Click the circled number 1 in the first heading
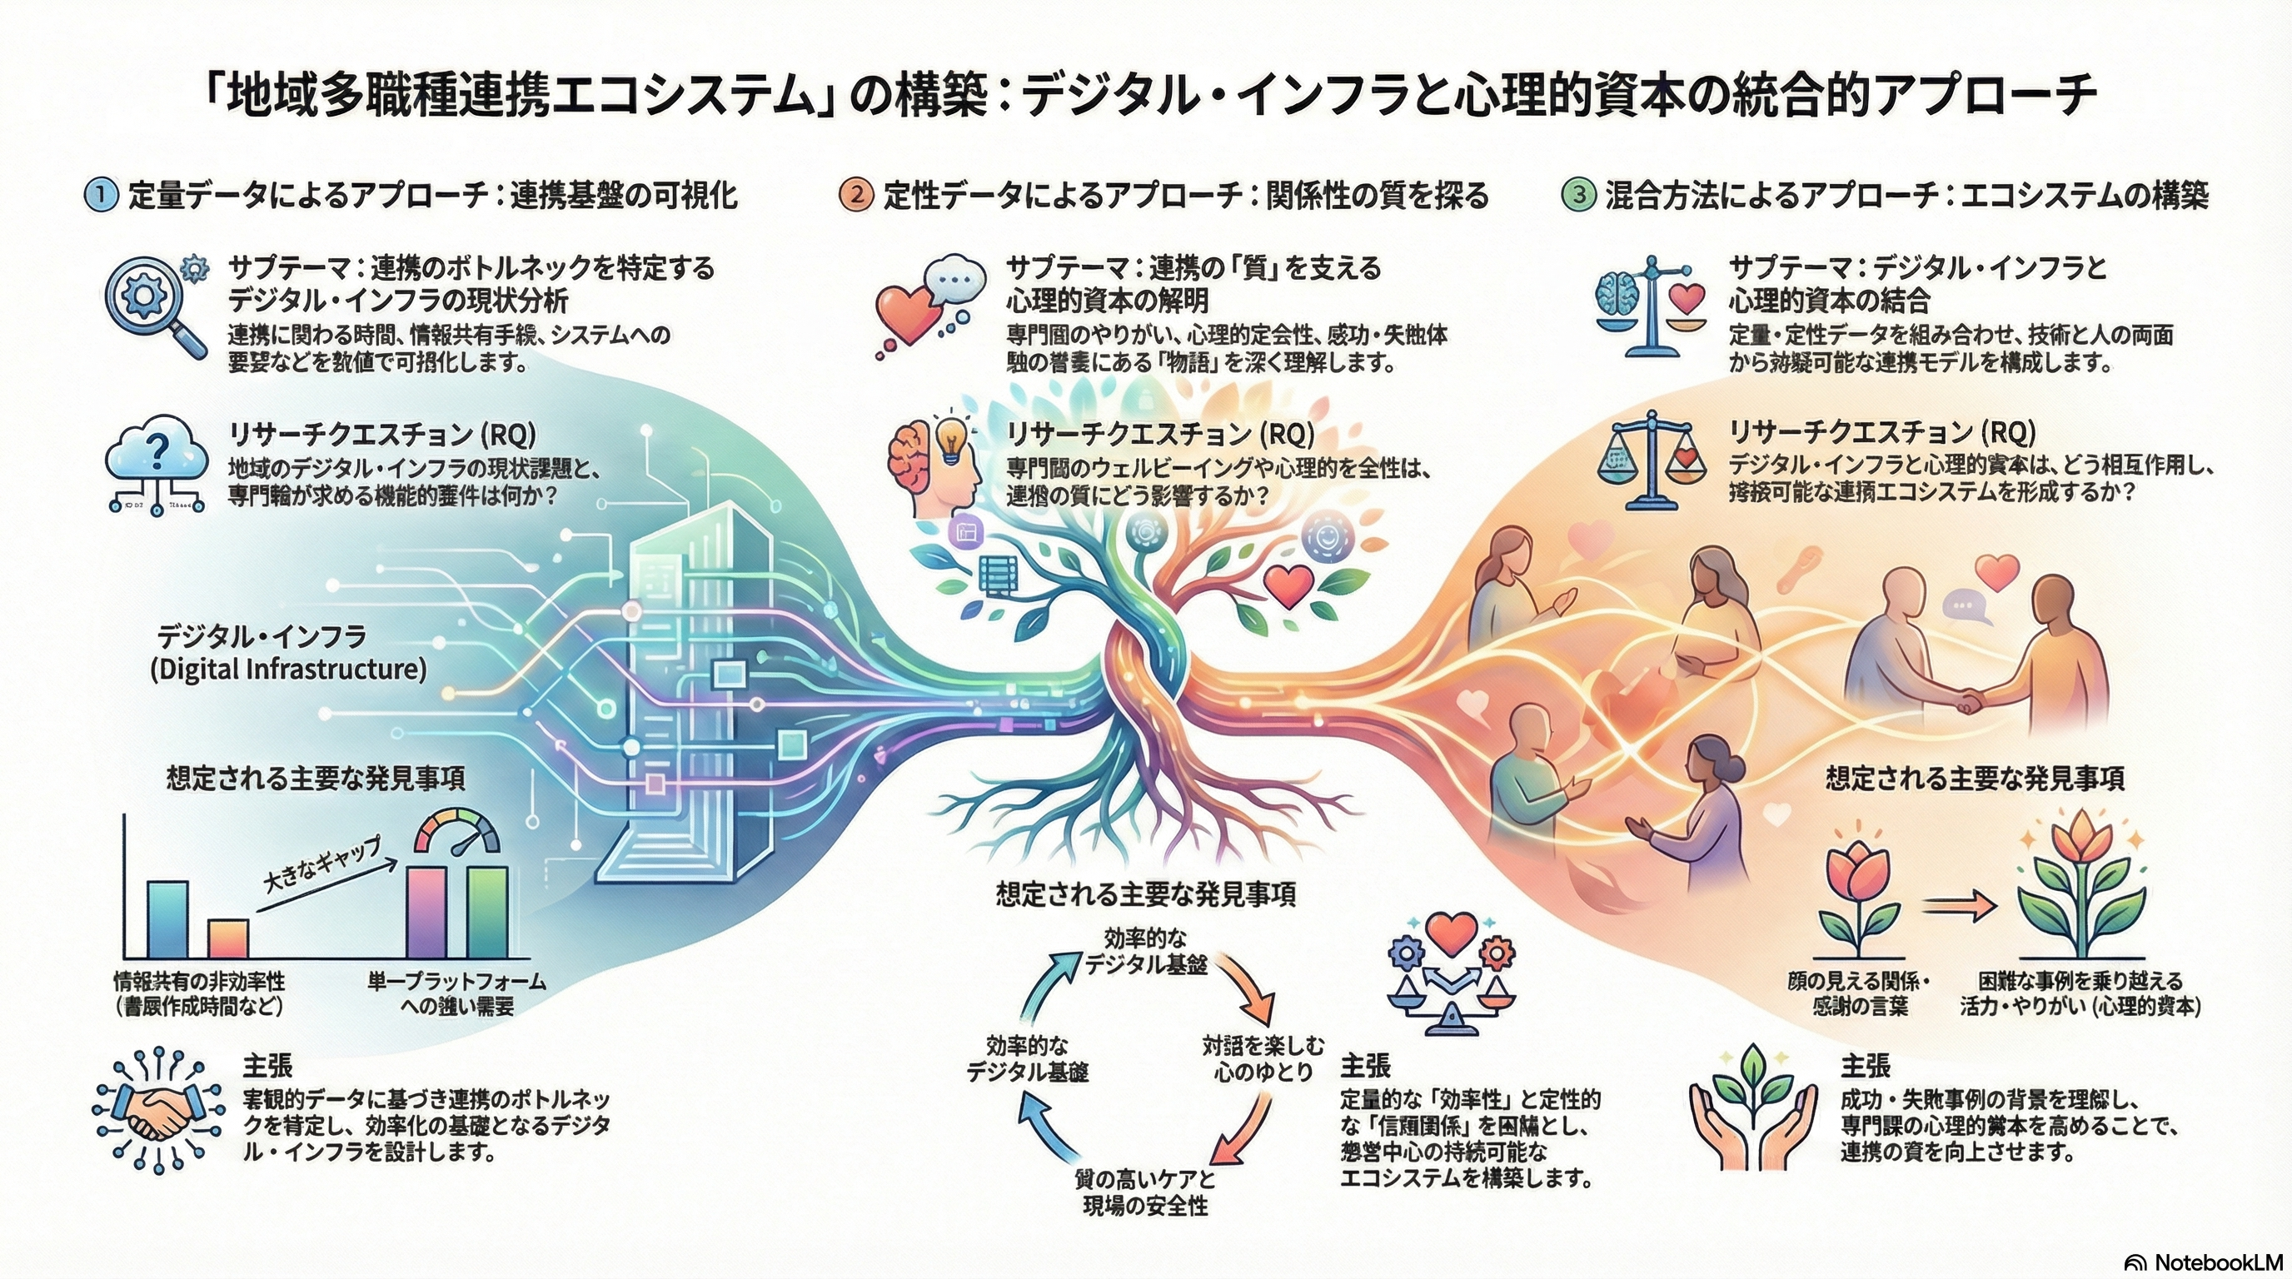(x=102, y=195)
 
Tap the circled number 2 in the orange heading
(x=856, y=195)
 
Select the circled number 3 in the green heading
(x=1578, y=195)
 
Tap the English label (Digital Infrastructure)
(x=287, y=669)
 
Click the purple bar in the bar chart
(x=426, y=911)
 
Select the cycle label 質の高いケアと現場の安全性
(x=1145, y=1192)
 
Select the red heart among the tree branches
(x=1288, y=585)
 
